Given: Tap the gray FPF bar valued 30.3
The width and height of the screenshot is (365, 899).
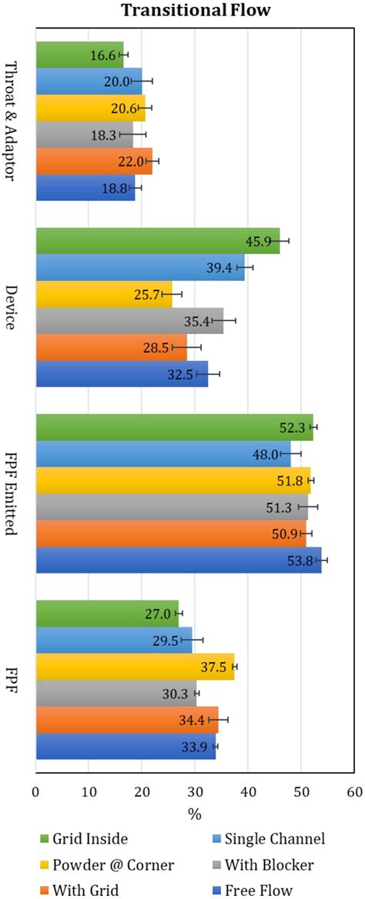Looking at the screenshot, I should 116,693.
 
